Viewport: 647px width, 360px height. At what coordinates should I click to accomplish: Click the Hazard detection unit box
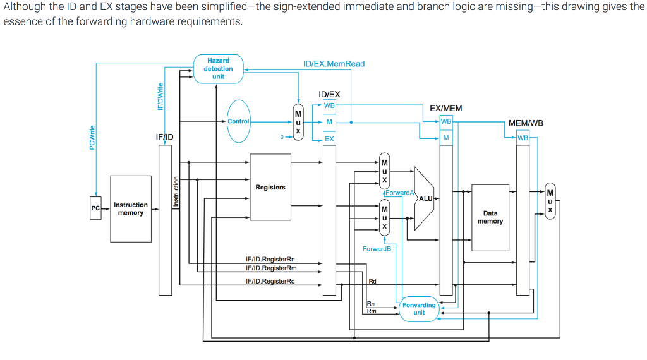[218, 69]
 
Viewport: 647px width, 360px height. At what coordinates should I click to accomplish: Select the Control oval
[239, 121]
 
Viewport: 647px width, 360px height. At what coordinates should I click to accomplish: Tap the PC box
[95, 208]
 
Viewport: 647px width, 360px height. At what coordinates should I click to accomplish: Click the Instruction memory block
[131, 209]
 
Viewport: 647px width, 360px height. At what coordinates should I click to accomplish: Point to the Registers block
[270, 187]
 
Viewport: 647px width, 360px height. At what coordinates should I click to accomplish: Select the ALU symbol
[424, 198]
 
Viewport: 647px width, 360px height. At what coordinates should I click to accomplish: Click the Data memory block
[490, 217]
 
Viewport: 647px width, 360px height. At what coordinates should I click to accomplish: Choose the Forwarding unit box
[419, 309]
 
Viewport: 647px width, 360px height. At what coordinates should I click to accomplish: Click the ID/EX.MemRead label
[334, 64]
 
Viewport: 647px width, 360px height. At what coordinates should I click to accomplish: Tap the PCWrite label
[92, 138]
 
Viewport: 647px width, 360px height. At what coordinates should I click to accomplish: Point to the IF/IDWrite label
[160, 98]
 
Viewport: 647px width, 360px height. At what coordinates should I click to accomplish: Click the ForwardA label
[399, 193]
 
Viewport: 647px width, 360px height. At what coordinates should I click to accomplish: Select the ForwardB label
[377, 249]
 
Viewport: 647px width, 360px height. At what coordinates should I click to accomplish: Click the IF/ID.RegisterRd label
[270, 281]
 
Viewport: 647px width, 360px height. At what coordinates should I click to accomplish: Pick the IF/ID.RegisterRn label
[270, 259]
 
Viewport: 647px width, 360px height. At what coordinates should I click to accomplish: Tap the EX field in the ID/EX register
[329, 139]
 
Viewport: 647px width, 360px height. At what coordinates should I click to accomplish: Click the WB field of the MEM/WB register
[523, 138]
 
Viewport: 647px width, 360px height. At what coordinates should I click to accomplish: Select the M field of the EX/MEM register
[446, 138]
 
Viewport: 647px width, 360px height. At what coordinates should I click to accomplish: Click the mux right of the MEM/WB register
[550, 201]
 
